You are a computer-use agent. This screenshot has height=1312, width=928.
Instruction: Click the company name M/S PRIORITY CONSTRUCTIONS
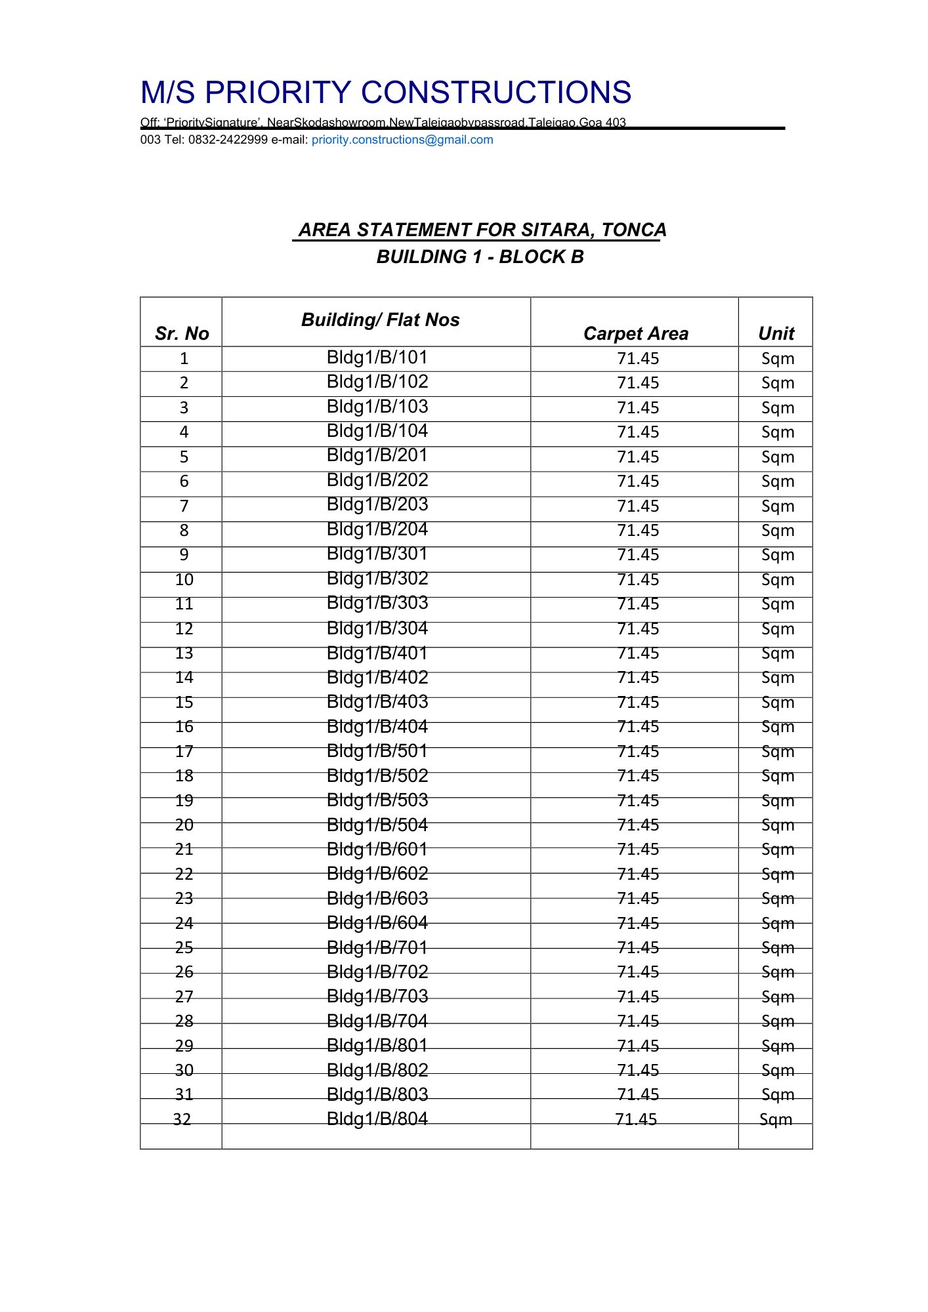(x=386, y=92)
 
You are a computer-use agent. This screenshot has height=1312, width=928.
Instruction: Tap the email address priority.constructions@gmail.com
(x=402, y=140)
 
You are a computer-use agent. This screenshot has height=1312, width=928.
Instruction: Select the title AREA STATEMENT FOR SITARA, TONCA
(x=482, y=230)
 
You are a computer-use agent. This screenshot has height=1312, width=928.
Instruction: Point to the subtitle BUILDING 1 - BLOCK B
(x=480, y=257)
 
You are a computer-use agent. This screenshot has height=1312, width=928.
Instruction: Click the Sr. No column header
(x=182, y=333)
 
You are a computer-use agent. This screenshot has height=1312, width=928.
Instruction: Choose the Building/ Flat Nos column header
(x=380, y=320)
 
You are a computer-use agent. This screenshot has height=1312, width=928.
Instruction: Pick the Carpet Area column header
(x=635, y=334)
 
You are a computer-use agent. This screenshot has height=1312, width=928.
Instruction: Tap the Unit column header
(x=776, y=334)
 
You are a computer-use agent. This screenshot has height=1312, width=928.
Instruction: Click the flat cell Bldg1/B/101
(x=377, y=358)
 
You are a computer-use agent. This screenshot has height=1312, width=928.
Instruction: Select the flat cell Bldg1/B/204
(x=377, y=529)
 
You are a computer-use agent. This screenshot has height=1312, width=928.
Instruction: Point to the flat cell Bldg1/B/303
(x=377, y=603)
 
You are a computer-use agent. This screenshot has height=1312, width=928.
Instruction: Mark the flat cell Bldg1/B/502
(x=377, y=776)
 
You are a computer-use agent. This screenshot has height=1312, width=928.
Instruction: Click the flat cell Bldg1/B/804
(x=377, y=1118)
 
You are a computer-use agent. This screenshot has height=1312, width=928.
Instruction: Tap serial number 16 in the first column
(x=184, y=727)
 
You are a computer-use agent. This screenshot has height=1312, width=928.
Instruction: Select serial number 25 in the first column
(x=184, y=948)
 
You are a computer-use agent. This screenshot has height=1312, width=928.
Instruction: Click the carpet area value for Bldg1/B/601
(x=638, y=850)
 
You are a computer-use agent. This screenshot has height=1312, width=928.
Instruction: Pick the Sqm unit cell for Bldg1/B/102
(x=778, y=383)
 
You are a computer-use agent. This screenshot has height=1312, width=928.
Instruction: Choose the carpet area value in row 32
(x=636, y=1119)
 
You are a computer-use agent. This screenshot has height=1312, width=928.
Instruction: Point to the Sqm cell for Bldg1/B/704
(x=778, y=1021)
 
